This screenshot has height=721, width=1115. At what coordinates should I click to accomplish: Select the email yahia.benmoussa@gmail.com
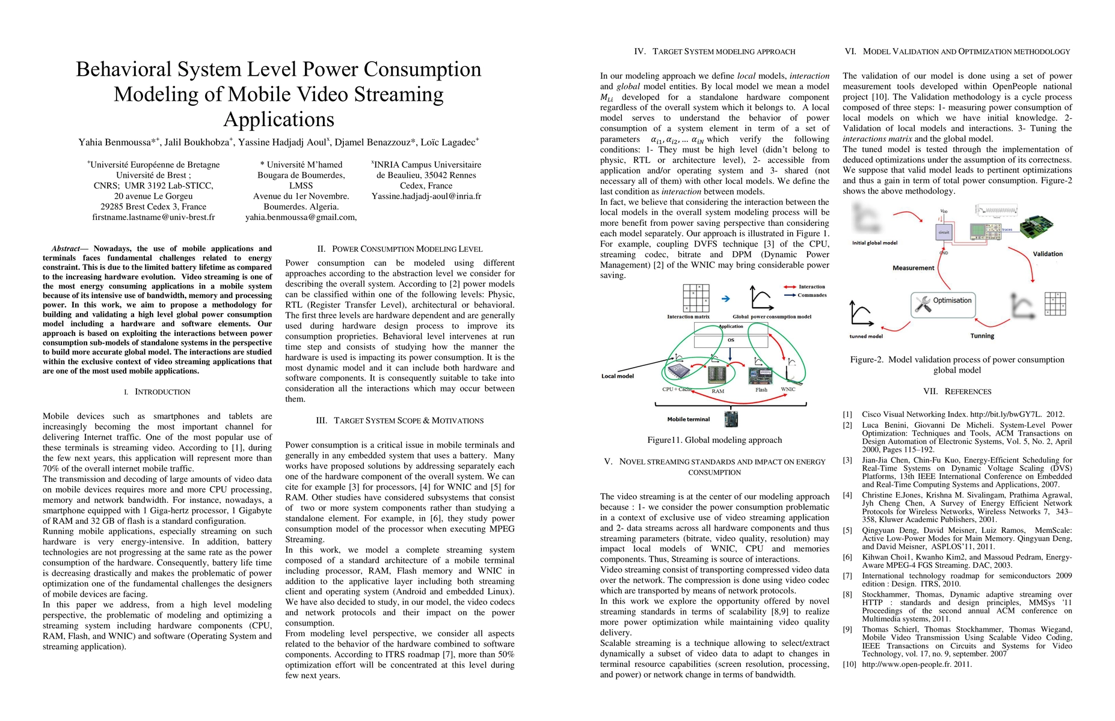coord(300,218)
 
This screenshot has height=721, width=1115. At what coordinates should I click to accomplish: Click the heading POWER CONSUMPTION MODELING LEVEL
coord(407,249)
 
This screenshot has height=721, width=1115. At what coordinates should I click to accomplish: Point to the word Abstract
coord(66,249)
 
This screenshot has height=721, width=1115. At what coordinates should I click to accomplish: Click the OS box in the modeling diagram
coord(731,341)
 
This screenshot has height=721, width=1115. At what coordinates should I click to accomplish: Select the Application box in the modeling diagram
coord(731,327)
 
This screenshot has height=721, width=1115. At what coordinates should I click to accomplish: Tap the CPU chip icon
coord(676,371)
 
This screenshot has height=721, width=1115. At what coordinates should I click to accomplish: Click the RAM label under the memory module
coord(717,391)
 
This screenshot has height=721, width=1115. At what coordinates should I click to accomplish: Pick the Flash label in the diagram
coord(761,390)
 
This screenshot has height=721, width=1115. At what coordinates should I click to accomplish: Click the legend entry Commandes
coord(812,295)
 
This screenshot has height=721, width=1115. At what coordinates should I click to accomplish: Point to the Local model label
coord(618,377)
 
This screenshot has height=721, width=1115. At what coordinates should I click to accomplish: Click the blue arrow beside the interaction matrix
coord(726,299)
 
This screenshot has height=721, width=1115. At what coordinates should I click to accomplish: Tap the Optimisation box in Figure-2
coord(942,302)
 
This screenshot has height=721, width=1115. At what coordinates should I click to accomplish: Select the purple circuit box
coord(944,232)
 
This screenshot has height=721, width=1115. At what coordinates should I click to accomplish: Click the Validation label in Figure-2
coord(1048,254)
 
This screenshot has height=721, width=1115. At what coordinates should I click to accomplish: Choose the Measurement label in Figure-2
coord(913,268)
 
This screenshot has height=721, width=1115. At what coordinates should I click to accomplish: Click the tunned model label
coord(866,336)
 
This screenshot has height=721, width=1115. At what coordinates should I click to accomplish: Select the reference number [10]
coord(847,665)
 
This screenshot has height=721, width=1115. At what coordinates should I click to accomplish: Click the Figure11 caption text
coord(714,440)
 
